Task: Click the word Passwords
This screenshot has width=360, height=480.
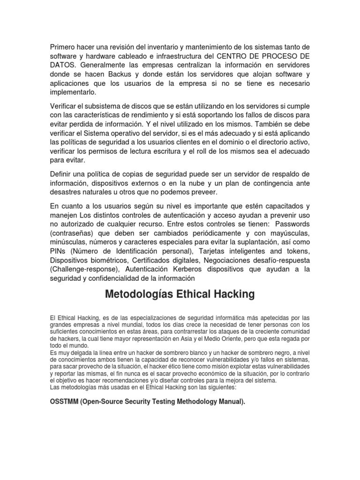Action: (290, 224)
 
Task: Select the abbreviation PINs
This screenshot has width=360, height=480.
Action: (59, 251)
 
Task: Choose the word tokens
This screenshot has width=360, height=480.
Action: (298, 251)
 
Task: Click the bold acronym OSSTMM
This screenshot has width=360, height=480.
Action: (64, 402)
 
